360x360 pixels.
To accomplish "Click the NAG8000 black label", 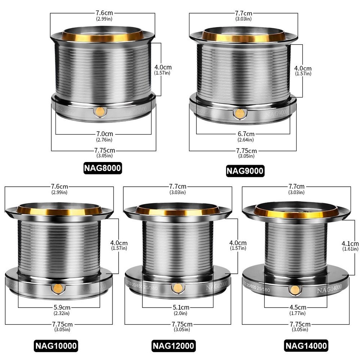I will pyautogui.click(x=103, y=168).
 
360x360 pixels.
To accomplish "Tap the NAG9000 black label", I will pyautogui.click(x=245, y=171).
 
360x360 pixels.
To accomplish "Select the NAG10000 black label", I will pyautogui.click(x=57, y=345).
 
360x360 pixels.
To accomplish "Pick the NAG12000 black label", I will pyautogui.click(x=174, y=345).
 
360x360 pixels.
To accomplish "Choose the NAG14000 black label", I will pyautogui.click(x=306, y=345).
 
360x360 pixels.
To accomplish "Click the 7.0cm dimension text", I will pyautogui.click(x=104, y=134).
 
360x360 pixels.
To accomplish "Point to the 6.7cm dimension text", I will pyautogui.click(x=246, y=134).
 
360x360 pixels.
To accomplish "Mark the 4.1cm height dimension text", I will pyautogui.click(x=350, y=243).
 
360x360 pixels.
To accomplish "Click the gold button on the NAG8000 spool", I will pyautogui.click(x=100, y=111).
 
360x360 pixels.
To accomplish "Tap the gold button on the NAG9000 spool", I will pyautogui.click(x=239, y=114).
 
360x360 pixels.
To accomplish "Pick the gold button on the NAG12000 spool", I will pyautogui.click(x=177, y=288).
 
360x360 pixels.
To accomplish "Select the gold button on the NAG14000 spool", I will pyautogui.click(x=295, y=290).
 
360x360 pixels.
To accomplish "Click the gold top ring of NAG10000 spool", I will pyautogui.click(x=59, y=211).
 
